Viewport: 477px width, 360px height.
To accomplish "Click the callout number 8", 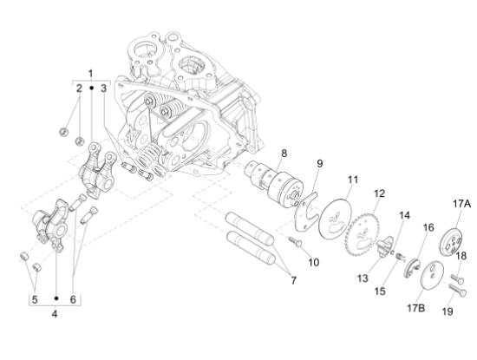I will point(283,154).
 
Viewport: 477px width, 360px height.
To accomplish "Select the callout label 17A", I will point(460,204).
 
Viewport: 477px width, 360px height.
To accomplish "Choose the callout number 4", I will point(54,313).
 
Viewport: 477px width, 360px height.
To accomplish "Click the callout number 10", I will point(313,261).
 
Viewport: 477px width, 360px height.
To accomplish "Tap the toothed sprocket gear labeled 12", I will point(363,232).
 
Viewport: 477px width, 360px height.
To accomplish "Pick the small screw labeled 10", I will point(293,244).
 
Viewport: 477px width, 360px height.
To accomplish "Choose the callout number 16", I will point(427,227).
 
